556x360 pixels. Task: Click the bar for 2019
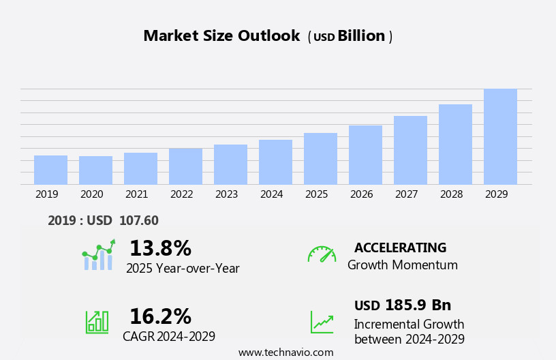50,170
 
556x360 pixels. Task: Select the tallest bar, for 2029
500,137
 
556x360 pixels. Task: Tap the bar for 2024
275,162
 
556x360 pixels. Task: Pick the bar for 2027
410,150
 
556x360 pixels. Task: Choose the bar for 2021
140,168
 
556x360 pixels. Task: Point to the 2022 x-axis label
182,194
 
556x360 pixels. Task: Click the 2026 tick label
362,194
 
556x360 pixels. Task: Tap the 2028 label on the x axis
452,194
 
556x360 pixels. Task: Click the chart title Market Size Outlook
221,36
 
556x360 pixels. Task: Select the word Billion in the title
361,36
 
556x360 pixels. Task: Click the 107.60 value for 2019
138,220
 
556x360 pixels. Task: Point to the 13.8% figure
160,248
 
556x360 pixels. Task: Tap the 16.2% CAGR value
160,316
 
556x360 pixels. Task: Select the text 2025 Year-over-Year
183,269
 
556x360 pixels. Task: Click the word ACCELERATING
400,247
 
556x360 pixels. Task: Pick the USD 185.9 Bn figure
402,305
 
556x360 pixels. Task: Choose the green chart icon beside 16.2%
97,321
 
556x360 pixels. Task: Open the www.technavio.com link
285,352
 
